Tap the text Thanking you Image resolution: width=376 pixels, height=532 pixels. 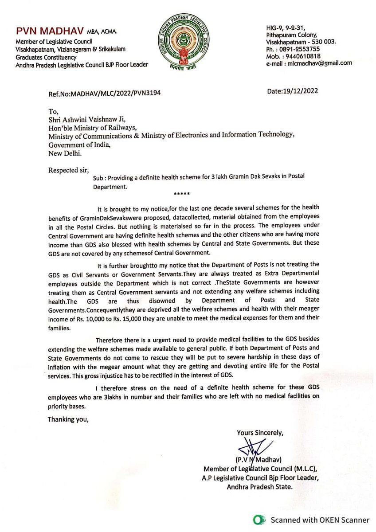tap(68, 419)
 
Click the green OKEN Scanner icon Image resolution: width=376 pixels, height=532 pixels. tap(258, 520)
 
